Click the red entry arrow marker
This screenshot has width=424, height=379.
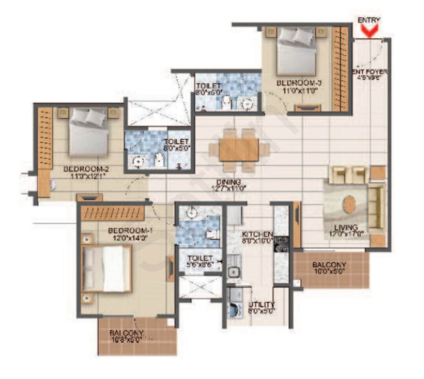(x=369, y=31)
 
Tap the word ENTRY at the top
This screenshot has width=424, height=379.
(x=369, y=20)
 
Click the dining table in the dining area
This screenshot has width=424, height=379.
(x=239, y=150)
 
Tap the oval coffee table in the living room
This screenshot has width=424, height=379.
(x=349, y=205)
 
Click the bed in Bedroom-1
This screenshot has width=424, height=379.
(x=107, y=269)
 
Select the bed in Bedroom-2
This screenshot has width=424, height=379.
(x=88, y=132)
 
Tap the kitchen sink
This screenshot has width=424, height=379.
(x=234, y=271)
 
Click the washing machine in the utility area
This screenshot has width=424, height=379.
(x=234, y=309)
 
